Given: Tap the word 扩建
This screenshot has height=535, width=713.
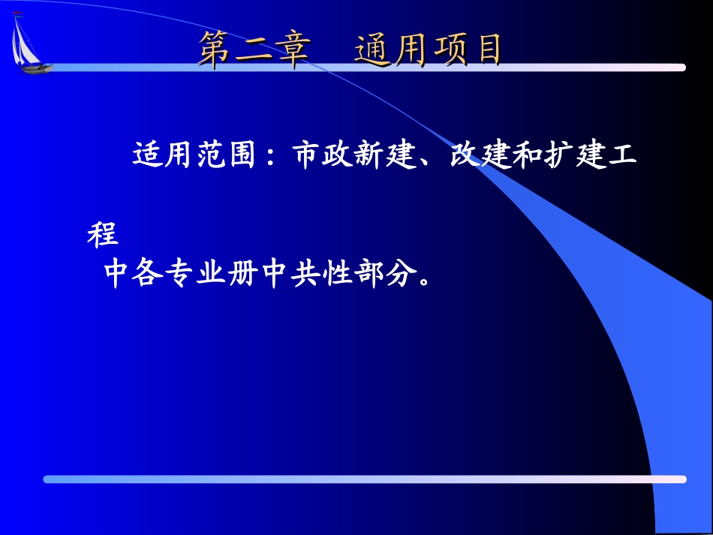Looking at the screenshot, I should [x=576, y=156].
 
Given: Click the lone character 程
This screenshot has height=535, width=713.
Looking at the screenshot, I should [x=104, y=234].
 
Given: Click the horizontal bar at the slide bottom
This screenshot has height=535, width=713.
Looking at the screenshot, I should [x=364, y=479].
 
